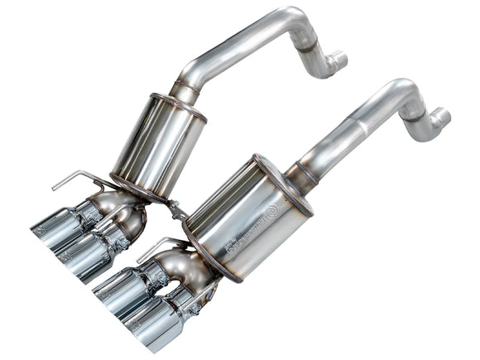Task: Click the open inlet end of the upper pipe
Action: pos(339,60)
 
